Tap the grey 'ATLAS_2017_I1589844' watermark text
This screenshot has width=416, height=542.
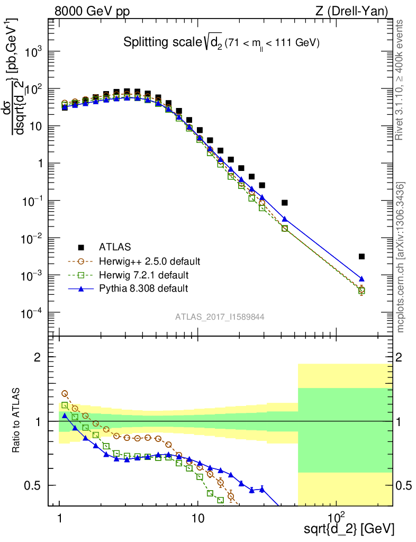pyautogui.click(x=220, y=317)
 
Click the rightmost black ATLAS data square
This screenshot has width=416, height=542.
pyautogui.click(x=361, y=257)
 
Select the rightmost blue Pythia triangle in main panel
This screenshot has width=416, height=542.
pyautogui.click(x=361, y=278)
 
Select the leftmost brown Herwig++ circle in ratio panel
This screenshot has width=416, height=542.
pyautogui.click(x=65, y=394)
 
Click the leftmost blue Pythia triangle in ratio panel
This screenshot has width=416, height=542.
pyautogui.click(x=65, y=415)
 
